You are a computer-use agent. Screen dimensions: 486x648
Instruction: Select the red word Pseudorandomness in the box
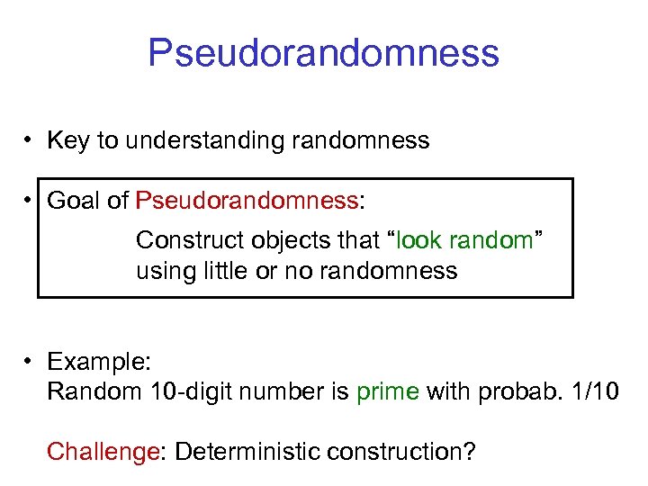pos(247,201)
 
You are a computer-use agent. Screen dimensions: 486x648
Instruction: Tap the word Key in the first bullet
pos(66,140)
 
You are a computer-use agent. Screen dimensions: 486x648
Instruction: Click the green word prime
pos(388,392)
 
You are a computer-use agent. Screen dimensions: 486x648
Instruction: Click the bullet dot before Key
pos(30,140)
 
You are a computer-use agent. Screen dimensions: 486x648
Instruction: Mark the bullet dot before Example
pos(30,362)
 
